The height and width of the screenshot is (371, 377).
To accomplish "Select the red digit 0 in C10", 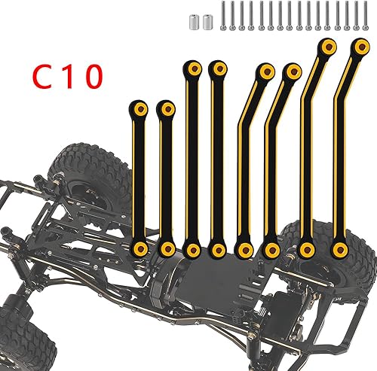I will click(x=95, y=76).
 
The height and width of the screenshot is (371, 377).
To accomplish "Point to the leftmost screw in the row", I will click(x=223, y=17).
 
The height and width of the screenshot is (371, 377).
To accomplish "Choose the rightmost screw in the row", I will click(x=365, y=17).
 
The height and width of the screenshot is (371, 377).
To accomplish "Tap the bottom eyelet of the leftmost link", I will click(x=139, y=248).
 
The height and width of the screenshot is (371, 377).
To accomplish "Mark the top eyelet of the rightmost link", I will click(x=357, y=47).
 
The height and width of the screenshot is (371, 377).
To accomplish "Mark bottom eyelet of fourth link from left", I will click(x=219, y=248).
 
